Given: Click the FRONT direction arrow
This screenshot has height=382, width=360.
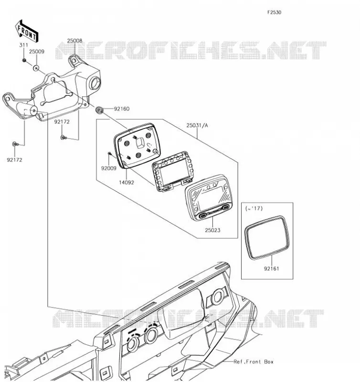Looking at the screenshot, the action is coord(27,31).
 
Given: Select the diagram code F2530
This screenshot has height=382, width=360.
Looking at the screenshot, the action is coord(274,12).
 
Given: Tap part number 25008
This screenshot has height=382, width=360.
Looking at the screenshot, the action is coord(75,41).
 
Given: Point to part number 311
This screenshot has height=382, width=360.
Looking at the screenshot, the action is coord(23,45).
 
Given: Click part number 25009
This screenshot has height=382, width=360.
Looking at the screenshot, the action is coord(37,52).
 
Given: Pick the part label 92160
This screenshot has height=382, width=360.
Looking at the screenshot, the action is coord(122,109).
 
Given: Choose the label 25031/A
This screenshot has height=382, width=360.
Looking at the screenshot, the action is coord(197,125).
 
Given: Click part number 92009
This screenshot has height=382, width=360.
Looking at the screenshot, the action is coord(109,168).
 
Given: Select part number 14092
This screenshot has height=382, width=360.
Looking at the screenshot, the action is coord(127,182).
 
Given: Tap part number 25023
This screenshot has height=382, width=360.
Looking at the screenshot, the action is coord(212,230).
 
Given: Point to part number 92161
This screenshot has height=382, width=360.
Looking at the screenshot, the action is coord(272,268).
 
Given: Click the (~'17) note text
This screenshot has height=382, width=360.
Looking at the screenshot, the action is coord(254,208).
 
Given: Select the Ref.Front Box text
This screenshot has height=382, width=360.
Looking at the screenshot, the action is coord(254,361).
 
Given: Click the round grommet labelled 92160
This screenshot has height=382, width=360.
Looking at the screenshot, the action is coord(99,110).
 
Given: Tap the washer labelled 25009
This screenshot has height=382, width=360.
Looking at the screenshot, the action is coord(36,68).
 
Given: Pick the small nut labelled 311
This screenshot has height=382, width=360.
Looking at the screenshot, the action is coord(24,60).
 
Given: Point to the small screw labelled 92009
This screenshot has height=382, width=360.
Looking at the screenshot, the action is coord(109,153).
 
